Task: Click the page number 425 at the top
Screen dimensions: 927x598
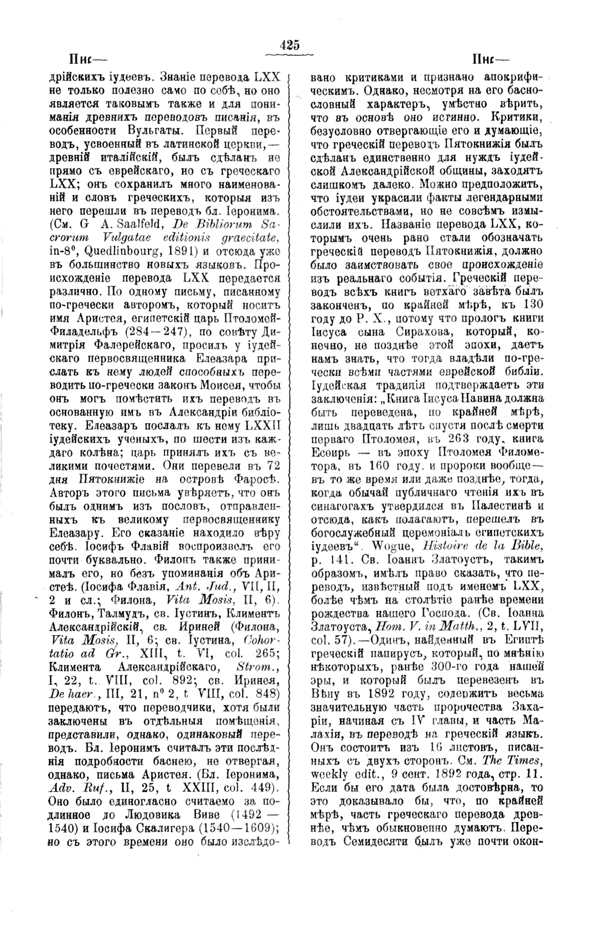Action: (x=290, y=45)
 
